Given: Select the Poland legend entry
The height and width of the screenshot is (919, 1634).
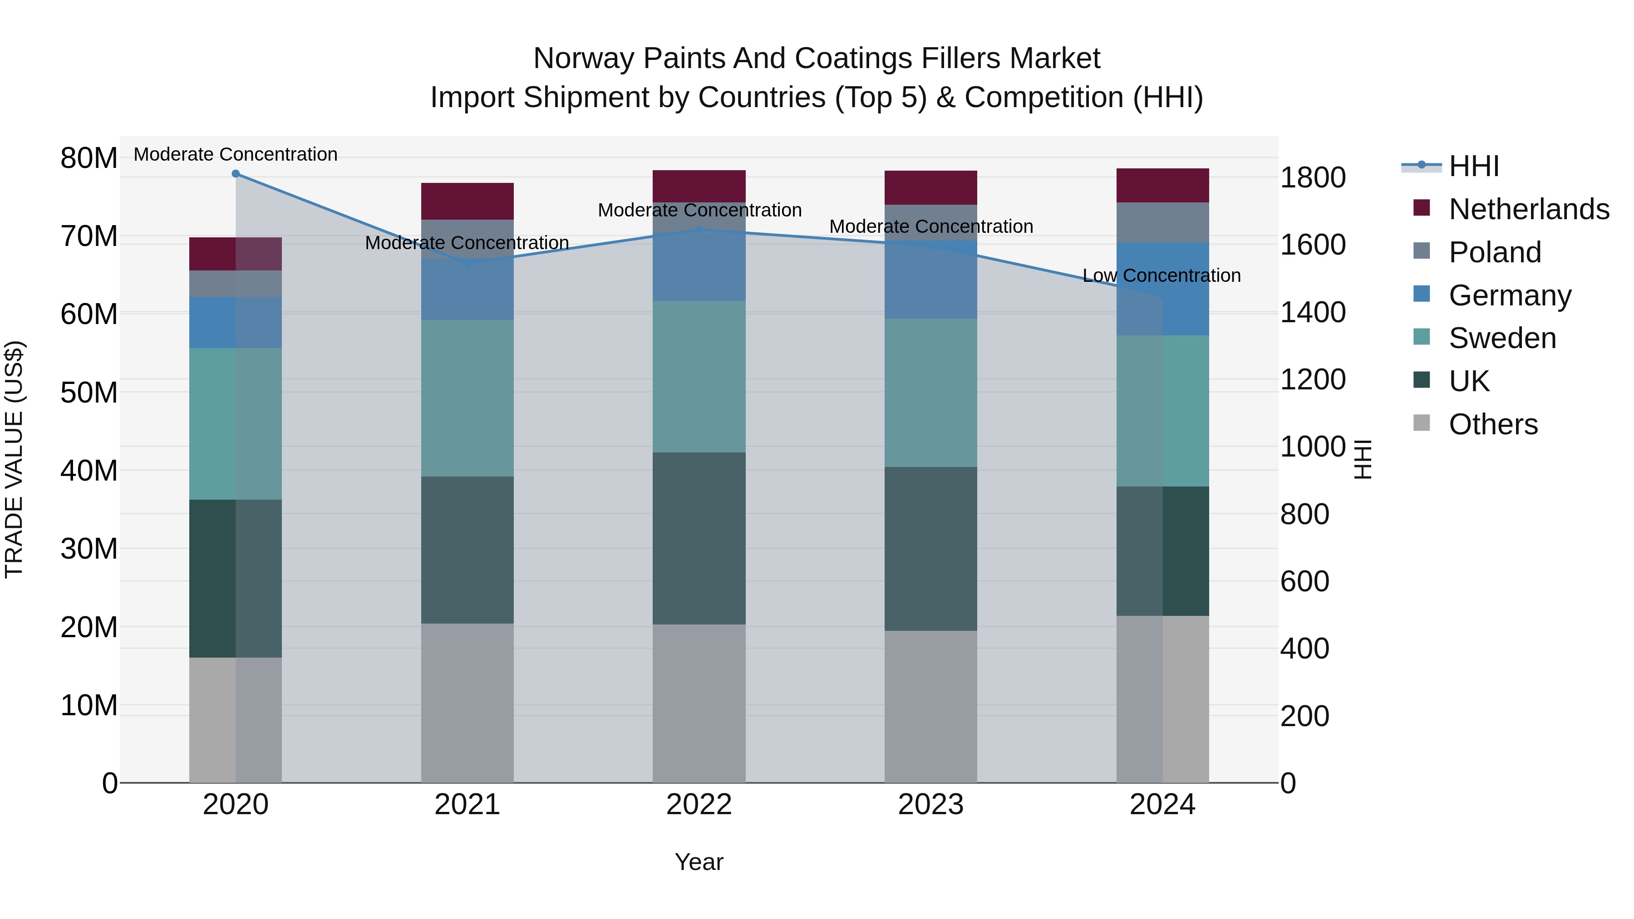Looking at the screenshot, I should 1495,252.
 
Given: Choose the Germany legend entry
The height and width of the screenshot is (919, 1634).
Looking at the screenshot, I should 1510,295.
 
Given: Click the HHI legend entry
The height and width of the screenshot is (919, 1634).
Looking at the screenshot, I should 1473,166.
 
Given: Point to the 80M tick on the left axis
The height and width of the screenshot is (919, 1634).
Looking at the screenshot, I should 89,158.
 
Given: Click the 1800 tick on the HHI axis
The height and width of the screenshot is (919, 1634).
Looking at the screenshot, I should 1312,177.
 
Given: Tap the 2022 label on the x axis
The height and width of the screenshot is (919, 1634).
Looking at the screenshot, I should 699,805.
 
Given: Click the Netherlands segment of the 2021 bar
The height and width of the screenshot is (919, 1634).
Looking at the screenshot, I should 467,201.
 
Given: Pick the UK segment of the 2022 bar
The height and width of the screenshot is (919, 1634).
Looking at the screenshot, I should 699,538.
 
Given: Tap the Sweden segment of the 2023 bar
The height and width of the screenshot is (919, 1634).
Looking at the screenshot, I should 930,393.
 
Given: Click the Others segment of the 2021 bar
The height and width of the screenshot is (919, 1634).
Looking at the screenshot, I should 467,703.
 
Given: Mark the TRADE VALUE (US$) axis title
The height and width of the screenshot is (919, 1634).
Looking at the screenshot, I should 15,459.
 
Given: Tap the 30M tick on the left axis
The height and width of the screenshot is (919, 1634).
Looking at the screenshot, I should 89,549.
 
